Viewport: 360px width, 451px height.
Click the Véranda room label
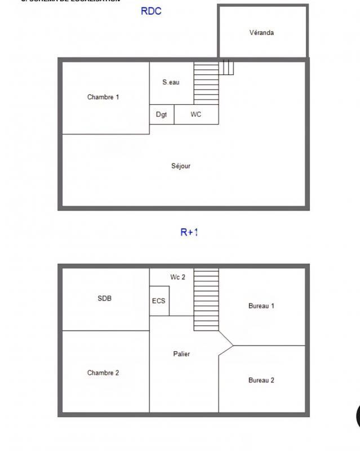coord(261,33)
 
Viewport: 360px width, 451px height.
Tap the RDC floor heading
coord(151,11)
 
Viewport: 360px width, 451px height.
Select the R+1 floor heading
coord(189,232)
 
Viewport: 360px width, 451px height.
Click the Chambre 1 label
coord(103,97)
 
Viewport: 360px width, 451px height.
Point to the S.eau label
coord(171,82)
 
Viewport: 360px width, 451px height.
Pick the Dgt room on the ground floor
coord(162,114)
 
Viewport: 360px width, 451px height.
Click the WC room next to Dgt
coord(196,114)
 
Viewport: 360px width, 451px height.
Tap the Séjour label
coord(181,166)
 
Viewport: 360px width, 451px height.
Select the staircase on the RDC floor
coord(206,83)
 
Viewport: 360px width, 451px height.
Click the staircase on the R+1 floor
coord(206,299)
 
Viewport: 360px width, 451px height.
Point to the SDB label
coord(105,299)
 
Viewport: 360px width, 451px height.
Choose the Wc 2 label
coord(178,277)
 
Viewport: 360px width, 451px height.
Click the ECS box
coord(159,301)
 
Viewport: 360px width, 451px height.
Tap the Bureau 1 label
coord(261,306)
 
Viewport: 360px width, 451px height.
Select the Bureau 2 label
coord(261,381)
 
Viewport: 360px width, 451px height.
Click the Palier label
coord(181,354)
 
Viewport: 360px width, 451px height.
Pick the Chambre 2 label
coord(103,373)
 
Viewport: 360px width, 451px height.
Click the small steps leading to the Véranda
coord(226,68)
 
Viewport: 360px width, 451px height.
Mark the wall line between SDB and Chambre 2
coord(105,330)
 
